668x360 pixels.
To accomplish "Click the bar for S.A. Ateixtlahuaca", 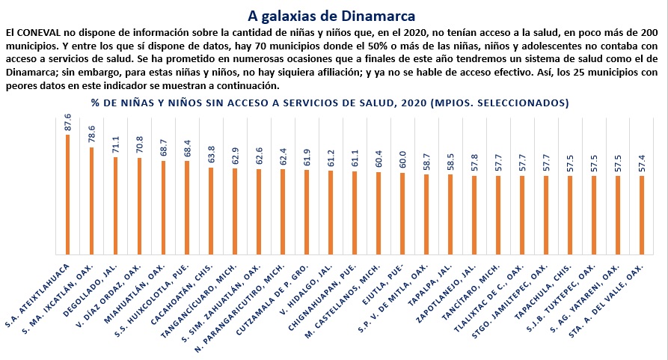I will (67, 195).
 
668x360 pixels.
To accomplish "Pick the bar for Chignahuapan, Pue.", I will (355, 213).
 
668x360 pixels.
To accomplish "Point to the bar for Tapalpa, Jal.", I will (450, 215).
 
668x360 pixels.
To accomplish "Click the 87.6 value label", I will (67, 122).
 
